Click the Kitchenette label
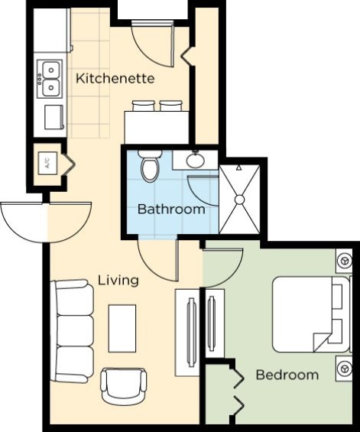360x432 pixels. pyautogui.click(x=115, y=79)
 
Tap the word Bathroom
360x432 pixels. pyautogui.click(x=171, y=209)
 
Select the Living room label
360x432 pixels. pyautogui.click(x=118, y=281)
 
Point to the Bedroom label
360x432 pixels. pyautogui.click(x=287, y=375)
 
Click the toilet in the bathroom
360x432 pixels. pyautogui.click(x=150, y=166)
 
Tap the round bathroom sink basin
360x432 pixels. pyautogui.click(x=196, y=161)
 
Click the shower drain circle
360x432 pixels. pyautogui.click(x=240, y=200)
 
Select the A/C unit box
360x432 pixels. pyautogui.click(x=48, y=164)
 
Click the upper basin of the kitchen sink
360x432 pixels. pyautogui.click(x=51, y=70)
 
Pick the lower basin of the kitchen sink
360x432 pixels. pyautogui.click(x=51, y=88)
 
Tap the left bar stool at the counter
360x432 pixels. pyautogui.click(x=143, y=106)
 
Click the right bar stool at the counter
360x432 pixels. pyautogui.click(x=170, y=106)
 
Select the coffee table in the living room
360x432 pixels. pyautogui.click(x=122, y=329)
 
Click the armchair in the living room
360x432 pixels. pyautogui.click(x=124, y=386)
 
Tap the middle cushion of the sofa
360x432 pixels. pyautogui.click(x=75, y=331)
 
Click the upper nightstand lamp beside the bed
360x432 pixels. pyautogui.click(x=344, y=261)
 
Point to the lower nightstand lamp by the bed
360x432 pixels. pyautogui.click(x=344, y=369)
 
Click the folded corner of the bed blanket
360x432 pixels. pyautogui.click(x=321, y=342)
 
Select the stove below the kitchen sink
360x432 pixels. pyautogui.click(x=54, y=117)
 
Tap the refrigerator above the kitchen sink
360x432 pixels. pyautogui.click(x=51, y=31)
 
